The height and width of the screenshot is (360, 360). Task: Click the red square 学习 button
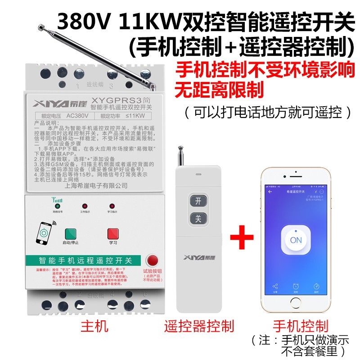(113, 234)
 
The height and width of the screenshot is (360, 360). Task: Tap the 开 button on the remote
(197, 200)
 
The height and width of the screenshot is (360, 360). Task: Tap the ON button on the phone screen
(296, 240)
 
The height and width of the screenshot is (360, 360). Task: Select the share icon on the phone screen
(275, 286)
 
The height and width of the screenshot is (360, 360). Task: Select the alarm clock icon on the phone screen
(296, 286)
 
